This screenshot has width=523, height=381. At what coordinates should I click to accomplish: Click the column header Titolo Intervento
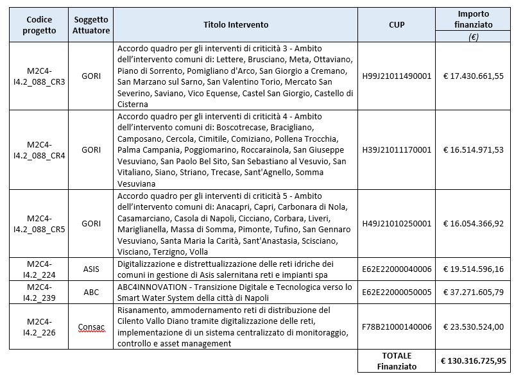[236, 25]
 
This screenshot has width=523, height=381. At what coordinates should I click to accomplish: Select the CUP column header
[396, 25]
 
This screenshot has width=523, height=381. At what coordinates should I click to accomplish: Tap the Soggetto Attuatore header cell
[92, 25]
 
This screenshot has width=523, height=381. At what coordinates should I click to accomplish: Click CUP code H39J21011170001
[396, 149]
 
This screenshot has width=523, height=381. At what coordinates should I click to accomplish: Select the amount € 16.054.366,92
[473, 224]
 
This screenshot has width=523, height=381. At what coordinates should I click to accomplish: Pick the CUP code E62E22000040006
[396, 269]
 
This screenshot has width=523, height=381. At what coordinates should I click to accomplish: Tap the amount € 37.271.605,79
[473, 292]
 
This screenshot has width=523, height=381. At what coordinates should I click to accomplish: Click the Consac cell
[92, 327]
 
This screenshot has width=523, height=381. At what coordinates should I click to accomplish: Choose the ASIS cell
[92, 269]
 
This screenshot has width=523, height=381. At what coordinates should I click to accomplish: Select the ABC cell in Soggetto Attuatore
[92, 292]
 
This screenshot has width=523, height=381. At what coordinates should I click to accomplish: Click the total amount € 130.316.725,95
[473, 360]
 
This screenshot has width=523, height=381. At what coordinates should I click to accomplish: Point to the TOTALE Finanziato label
[396, 360]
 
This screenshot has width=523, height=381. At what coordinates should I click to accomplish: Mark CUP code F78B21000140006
[396, 327]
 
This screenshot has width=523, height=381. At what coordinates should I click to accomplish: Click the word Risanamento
[142, 310]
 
